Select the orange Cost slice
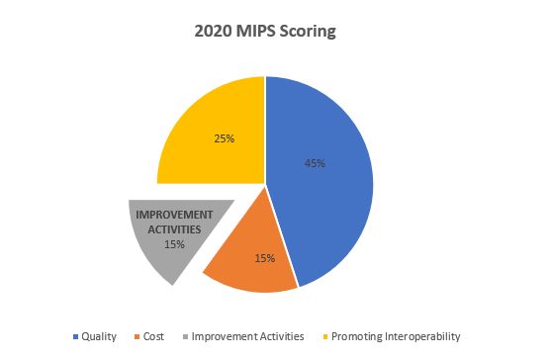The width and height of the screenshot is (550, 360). click(252, 247)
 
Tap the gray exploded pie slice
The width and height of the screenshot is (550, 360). click(163, 252)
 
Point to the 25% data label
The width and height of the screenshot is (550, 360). click(224, 138)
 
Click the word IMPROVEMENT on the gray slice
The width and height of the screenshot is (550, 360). click(174, 215)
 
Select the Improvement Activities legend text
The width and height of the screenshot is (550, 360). click(246, 336)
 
